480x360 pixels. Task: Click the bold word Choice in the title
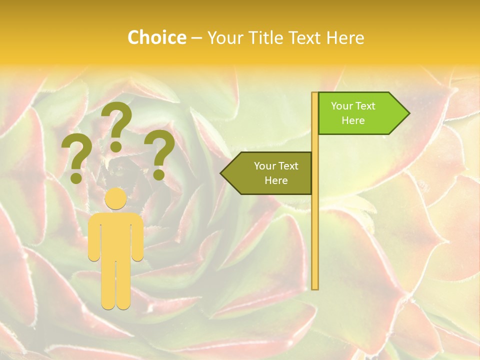point(156,37)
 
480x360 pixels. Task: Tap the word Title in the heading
point(264,37)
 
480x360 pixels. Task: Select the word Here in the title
point(345,37)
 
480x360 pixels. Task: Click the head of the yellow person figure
point(116,198)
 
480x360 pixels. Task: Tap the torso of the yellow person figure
point(116,235)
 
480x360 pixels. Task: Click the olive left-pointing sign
point(270,173)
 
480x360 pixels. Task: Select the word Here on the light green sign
point(353,120)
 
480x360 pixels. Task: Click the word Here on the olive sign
point(276,180)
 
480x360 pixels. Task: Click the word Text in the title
point(305,37)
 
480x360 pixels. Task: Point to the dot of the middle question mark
point(116,146)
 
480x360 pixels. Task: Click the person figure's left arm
point(94,237)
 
